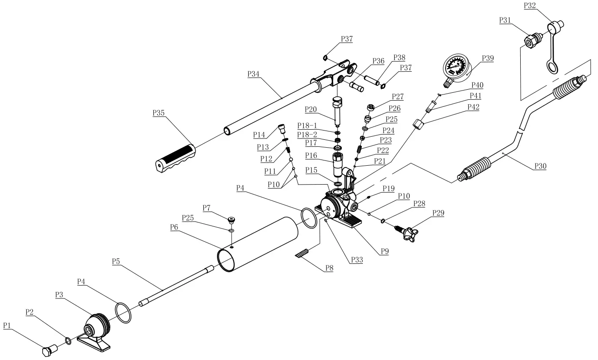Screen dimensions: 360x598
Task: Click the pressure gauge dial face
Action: pos(456,67)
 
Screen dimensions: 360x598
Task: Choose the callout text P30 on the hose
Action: pos(540,166)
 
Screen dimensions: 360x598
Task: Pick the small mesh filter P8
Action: pos(302,254)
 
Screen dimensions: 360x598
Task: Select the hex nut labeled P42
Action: pos(419,124)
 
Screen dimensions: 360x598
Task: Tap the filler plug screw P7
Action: pos(232,218)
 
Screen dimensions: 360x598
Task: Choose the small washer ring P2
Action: pos(69,341)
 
